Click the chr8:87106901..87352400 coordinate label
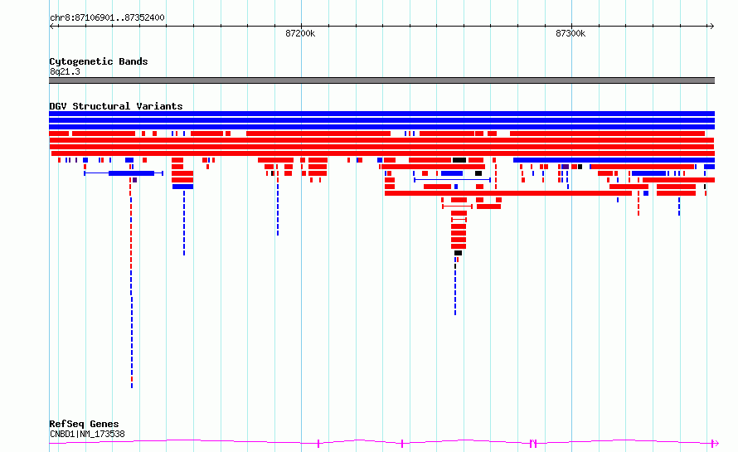tap(107, 17)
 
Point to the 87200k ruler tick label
tap(300, 33)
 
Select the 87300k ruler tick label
tap(570, 33)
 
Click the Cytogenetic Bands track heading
tap(99, 61)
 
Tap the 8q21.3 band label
tap(65, 71)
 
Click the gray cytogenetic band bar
tap(381, 80)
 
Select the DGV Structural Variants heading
tap(116, 106)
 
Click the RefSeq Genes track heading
tap(84, 424)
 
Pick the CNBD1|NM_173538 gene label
tap(88, 434)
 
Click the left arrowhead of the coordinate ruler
tap(51, 27)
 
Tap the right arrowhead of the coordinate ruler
tap(712, 27)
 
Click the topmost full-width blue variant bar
tap(381, 114)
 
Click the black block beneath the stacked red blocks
tap(458, 253)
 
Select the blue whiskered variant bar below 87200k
tap(124, 173)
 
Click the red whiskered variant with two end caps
tap(457, 207)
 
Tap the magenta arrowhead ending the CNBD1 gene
tap(716, 443)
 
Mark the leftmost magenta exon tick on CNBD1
tap(318, 443)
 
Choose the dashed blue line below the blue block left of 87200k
tap(184, 222)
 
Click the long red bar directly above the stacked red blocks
tap(508, 193)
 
